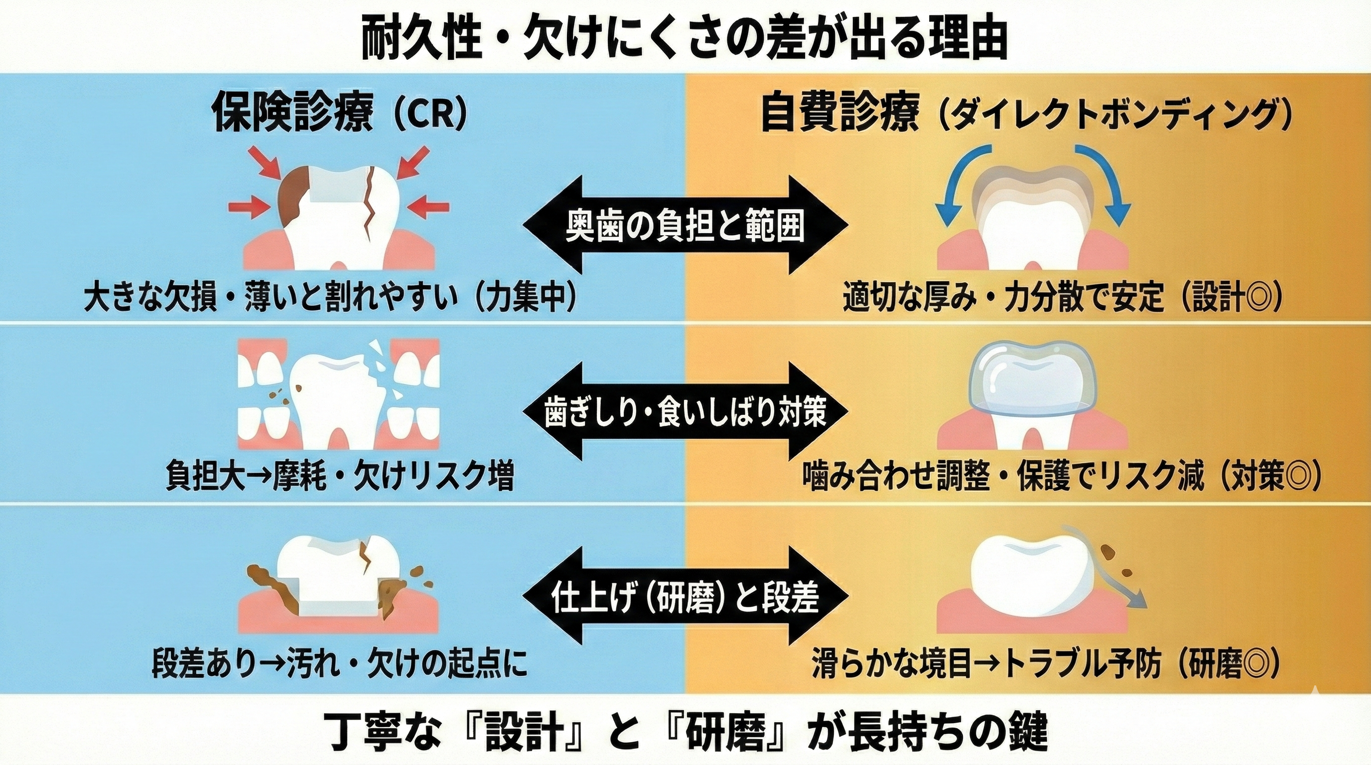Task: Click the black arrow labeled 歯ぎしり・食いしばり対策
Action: (x=685, y=411)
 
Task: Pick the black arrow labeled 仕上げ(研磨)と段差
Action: (x=685, y=596)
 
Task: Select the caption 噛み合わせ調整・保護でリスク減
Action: (x=1003, y=477)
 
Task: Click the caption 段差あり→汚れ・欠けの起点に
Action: (x=340, y=663)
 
